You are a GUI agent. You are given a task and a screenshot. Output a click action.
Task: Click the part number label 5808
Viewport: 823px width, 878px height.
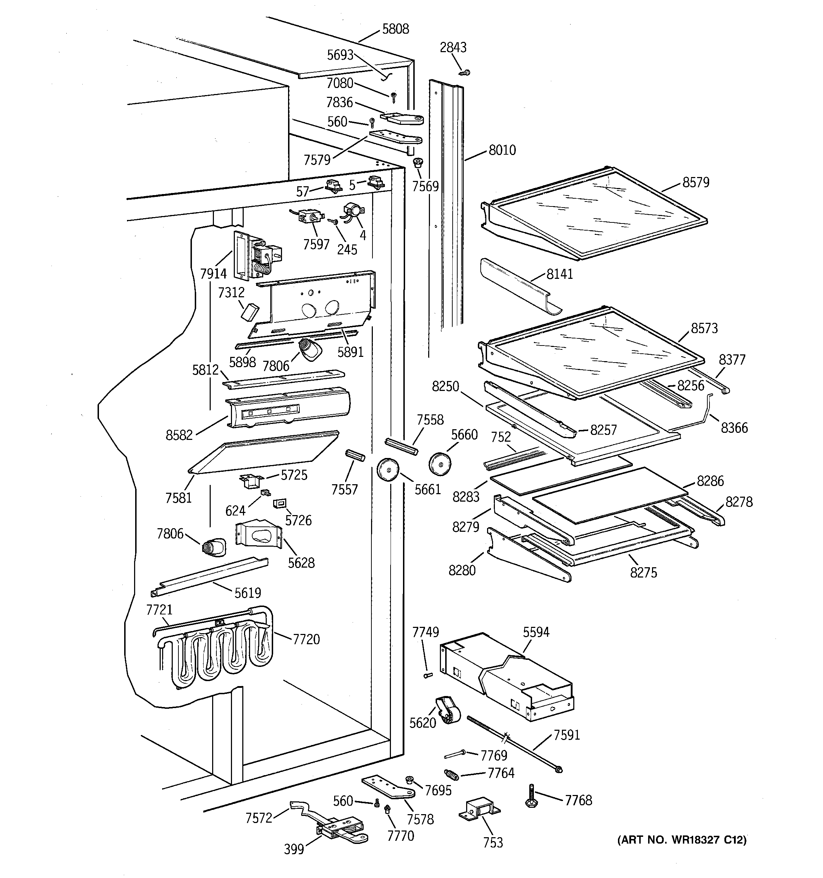coord(396,29)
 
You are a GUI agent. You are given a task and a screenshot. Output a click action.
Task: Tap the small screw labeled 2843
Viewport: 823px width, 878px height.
coord(464,72)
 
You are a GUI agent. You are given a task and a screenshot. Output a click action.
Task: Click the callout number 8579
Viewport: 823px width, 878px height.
coord(696,182)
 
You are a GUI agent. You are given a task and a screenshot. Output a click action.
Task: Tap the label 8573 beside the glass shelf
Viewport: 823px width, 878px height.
coord(704,328)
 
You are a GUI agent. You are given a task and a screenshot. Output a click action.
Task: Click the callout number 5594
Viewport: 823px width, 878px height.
coord(536,632)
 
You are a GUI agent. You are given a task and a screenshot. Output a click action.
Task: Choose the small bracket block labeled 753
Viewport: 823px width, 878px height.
coord(479,810)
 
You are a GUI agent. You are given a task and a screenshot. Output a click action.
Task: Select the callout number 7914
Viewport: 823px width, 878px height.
coord(213,274)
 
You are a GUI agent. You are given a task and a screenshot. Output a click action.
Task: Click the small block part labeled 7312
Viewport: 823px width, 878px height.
coord(249,311)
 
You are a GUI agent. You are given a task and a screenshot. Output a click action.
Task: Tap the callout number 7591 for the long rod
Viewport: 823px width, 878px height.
coord(566,735)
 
